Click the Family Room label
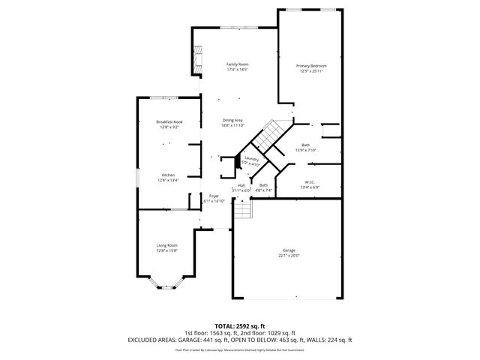237,65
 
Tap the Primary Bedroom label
311,66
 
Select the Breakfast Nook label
169,121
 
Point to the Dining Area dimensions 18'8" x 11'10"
232,125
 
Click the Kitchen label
168,175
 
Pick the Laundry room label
251,159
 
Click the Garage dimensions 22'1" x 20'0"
289,255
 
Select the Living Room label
166,245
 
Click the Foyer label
214,196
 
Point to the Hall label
241,185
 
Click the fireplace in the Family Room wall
198,60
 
